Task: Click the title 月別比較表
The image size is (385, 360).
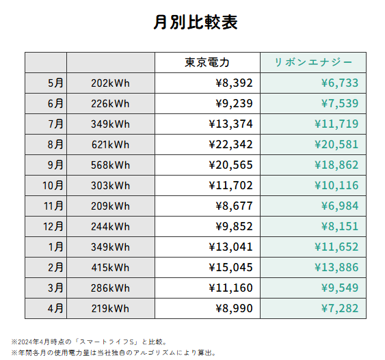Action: pyautogui.click(x=196, y=22)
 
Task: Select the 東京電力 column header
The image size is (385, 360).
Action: pyautogui.click(x=207, y=62)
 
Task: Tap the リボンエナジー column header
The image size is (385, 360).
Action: pyautogui.click(x=313, y=62)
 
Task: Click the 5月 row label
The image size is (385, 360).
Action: pyautogui.click(x=55, y=83)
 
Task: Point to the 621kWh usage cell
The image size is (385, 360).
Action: pyautogui.click(x=110, y=145)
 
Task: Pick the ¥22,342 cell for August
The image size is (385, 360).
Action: pyautogui.click(x=230, y=144)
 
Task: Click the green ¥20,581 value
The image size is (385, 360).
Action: pyautogui.click(x=336, y=144)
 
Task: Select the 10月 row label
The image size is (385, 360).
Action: pyautogui.click(x=53, y=185)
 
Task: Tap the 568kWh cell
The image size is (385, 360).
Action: pyautogui.click(x=110, y=165)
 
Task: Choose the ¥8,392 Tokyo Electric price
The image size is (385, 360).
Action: pyautogui.click(x=234, y=83)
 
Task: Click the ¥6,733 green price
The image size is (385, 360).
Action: pyautogui.click(x=340, y=83)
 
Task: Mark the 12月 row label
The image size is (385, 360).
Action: pyautogui.click(x=53, y=226)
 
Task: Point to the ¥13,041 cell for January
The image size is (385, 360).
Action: pyautogui.click(x=230, y=247)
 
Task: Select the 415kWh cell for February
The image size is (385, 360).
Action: pyautogui.click(x=110, y=268)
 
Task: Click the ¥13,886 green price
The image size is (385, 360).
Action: pyautogui.click(x=336, y=267)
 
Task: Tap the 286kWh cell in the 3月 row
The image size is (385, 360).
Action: pyautogui.click(x=110, y=288)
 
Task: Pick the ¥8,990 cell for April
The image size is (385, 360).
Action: pyautogui.click(x=234, y=308)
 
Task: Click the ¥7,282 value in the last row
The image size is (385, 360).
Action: pyautogui.click(x=340, y=308)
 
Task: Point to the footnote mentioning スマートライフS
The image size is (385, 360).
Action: pyautogui.click(x=90, y=342)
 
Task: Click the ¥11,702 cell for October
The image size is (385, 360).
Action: pyautogui.click(x=230, y=185)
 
